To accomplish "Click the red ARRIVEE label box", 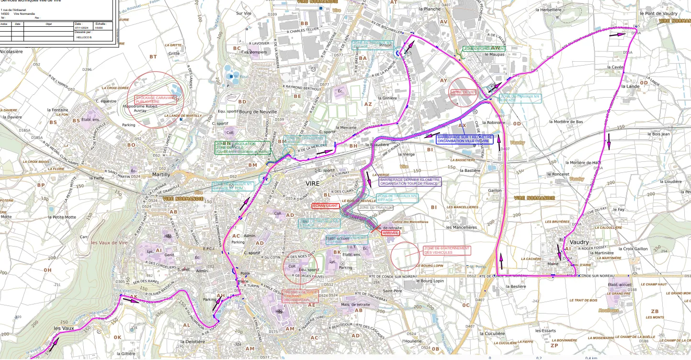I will (390, 233).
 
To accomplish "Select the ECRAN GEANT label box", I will (326, 205).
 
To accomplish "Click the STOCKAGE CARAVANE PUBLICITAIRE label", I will (156, 100).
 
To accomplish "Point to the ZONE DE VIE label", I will (463, 92).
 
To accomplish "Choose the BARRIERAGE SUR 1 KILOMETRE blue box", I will (464, 139).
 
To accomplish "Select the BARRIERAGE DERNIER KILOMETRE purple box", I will (410, 181).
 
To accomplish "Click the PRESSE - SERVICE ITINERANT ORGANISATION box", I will (300, 296).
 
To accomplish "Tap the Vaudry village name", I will (579, 242).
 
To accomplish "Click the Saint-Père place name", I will (391, 291).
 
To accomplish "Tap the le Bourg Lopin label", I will (430, 281).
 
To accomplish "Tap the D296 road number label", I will (87, 70).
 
